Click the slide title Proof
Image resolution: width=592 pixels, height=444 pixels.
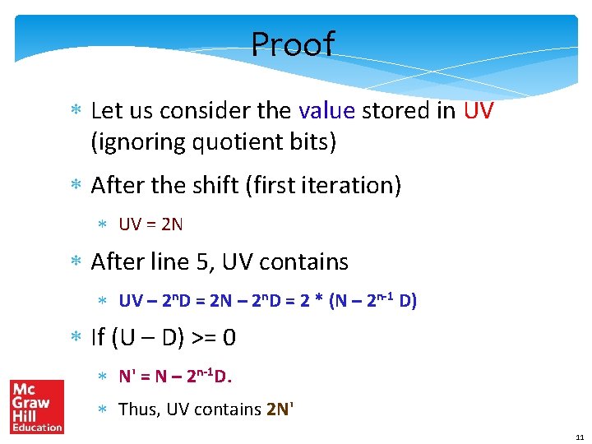pyautogui.click(x=293, y=44)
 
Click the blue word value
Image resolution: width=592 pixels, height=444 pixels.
pyautogui.click(x=326, y=110)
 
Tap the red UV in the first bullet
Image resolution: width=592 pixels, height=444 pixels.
pyautogui.click(x=479, y=110)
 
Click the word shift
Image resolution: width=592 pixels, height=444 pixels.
pyautogui.click(x=210, y=186)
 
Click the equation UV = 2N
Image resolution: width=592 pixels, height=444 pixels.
pyautogui.click(x=150, y=224)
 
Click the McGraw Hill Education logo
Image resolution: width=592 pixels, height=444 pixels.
pyautogui.click(x=36, y=406)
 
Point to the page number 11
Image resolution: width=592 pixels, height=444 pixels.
pyautogui.click(x=580, y=437)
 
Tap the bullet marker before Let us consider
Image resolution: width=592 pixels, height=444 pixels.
pyautogui.click(x=76, y=111)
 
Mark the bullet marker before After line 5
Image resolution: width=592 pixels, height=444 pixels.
pyautogui.click(x=76, y=263)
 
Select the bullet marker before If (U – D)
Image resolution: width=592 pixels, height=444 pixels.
pyautogui.click(x=76, y=339)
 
